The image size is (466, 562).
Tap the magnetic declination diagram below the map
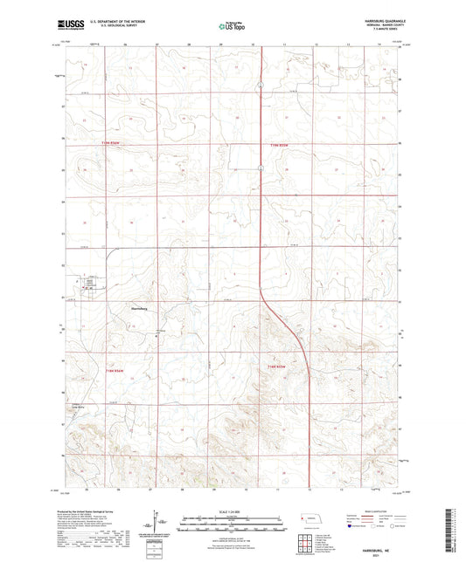pos(161,524)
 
